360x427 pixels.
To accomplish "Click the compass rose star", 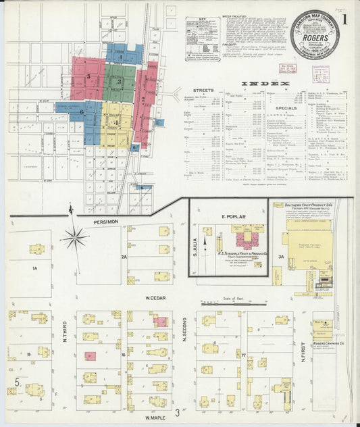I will click(74, 237).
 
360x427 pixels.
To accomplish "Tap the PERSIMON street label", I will click(107, 221).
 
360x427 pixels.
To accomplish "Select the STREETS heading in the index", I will click(203, 89).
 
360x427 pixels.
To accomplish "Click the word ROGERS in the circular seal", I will click(315, 39).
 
